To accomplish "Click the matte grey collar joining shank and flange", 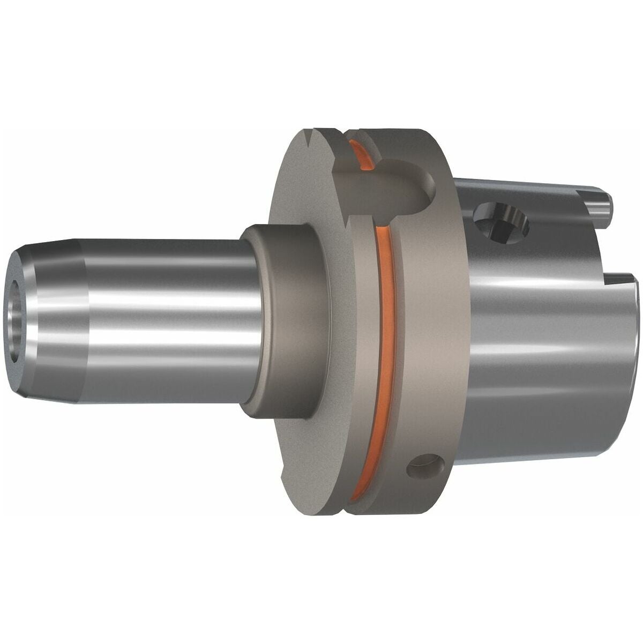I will [284, 322].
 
